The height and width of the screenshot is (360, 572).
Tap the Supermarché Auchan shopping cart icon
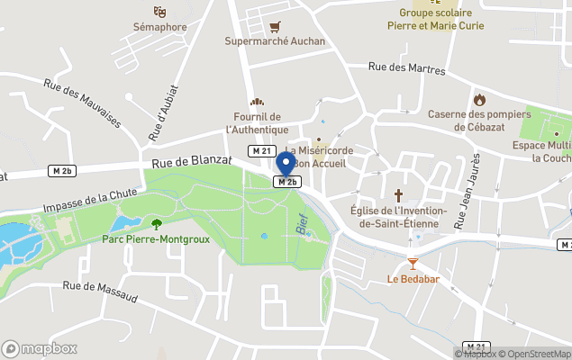point(275,26)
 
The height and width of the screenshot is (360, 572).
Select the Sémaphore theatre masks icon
point(159,12)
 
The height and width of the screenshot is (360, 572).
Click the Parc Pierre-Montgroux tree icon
point(157,223)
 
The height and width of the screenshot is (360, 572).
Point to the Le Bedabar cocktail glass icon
point(413,264)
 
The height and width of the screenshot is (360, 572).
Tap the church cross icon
point(398,194)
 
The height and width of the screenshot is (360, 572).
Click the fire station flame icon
point(479,99)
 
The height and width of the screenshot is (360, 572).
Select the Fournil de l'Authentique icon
point(257,103)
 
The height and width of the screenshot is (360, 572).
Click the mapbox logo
point(40,348)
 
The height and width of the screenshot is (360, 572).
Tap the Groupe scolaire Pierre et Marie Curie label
point(441,19)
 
